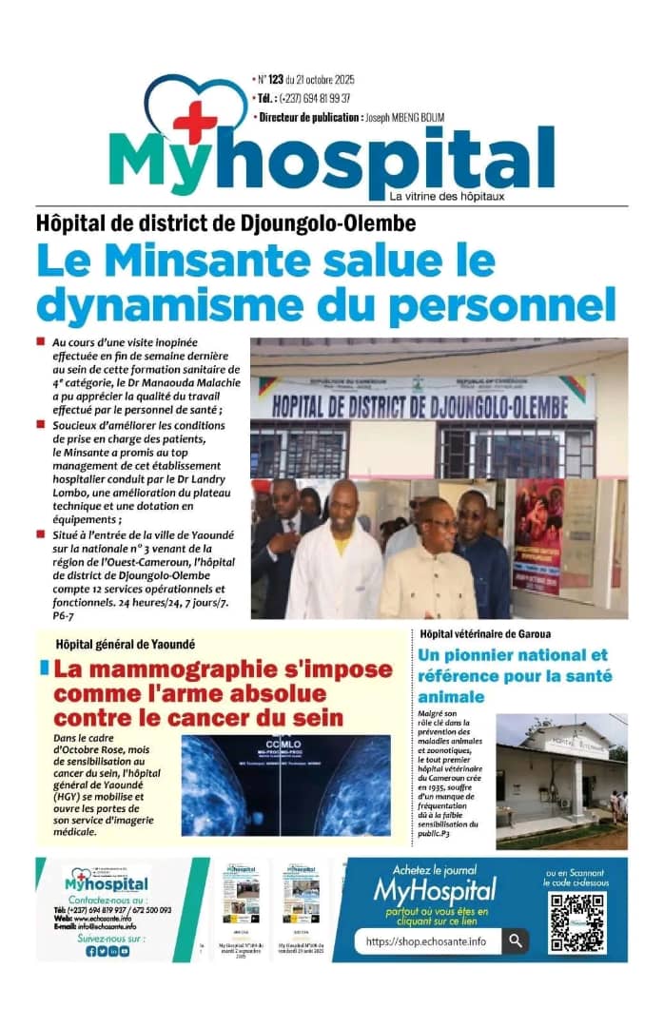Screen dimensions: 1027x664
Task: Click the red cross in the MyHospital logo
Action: point(195,122)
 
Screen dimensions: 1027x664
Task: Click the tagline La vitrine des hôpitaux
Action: point(446,196)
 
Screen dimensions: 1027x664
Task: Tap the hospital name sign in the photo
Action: point(433,401)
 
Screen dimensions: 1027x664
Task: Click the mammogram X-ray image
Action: point(285,785)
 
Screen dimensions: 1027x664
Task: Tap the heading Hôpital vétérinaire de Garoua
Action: point(485,633)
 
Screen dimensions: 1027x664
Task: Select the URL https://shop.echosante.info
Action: point(425,941)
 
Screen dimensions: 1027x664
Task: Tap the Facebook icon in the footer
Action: point(91,951)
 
